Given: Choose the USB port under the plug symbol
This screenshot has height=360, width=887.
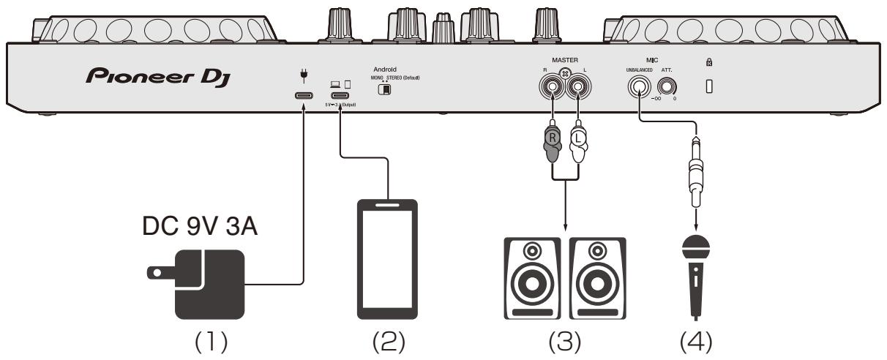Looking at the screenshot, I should pyautogui.click(x=302, y=95).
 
